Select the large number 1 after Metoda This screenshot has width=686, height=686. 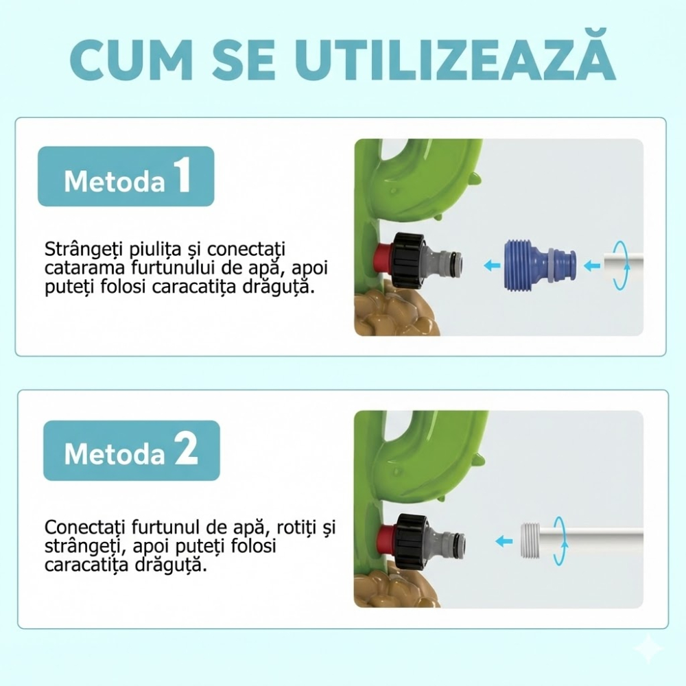pos(182,177)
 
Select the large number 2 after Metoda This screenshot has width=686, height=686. pos(185,450)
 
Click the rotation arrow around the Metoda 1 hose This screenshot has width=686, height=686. pos(621,266)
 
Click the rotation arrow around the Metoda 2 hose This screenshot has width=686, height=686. pos(560,541)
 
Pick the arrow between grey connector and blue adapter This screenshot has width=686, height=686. pos(488,265)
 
